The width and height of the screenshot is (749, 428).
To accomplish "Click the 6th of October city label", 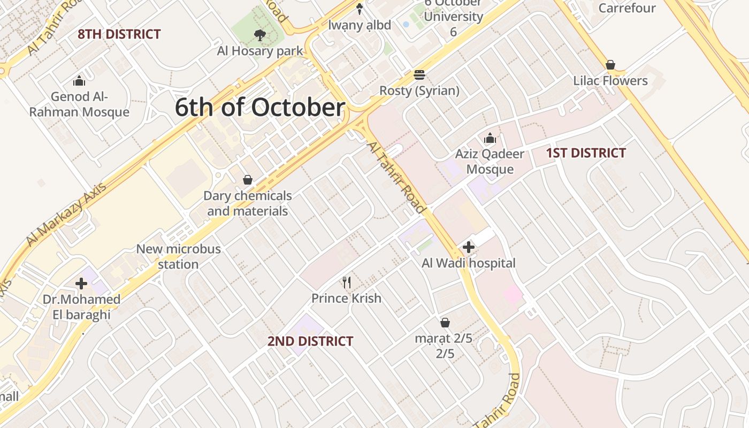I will [x=260, y=108].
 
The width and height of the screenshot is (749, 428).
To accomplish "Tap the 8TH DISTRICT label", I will [x=119, y=34].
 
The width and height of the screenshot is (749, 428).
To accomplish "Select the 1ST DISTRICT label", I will [x=586, y=153].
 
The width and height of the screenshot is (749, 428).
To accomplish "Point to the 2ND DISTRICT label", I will [x=310, y=341].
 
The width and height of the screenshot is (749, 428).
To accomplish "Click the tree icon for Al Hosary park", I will [x=260, y=36].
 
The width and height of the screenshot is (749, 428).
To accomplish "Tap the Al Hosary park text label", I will [x=260, y=51].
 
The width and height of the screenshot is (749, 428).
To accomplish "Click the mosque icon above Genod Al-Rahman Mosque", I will [x=79, y=81].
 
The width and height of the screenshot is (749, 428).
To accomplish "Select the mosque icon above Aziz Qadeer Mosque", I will [x=490, y=139].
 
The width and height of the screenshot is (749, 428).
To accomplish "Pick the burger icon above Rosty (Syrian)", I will [x=419, y=75].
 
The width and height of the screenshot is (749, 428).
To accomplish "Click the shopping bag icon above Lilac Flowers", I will [x=610, y=65].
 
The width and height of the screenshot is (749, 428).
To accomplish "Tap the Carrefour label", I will [x=627, y=8].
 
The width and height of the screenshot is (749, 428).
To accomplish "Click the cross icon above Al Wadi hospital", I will [x=469, y=247].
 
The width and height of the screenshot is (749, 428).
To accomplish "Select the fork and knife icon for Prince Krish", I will [x=347, y=282].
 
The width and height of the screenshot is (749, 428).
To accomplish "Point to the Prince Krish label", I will [x=347, y=298].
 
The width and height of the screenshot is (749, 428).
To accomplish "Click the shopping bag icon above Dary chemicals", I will [x=248, y=180].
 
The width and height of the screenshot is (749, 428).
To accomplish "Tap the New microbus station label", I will [x=178, y=256].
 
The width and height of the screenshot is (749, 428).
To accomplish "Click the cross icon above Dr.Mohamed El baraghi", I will [x=81, y=284].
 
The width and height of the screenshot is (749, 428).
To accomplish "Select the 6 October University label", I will [x=453, y=17].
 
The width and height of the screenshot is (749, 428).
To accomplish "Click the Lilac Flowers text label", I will [x=610, y=81].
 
